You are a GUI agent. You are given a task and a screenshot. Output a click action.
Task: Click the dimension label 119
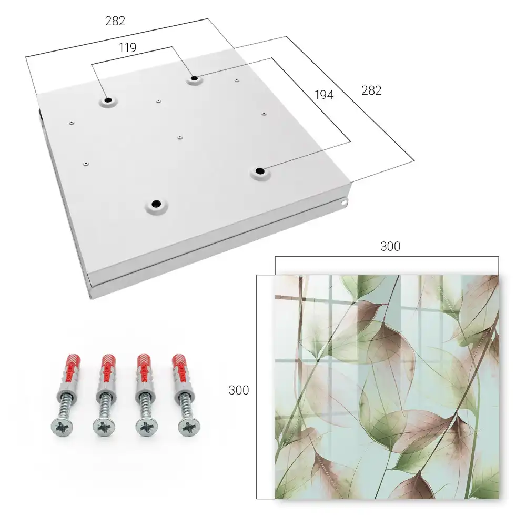[x=127, y=48]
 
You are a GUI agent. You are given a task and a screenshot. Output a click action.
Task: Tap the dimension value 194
[x=324, y=95]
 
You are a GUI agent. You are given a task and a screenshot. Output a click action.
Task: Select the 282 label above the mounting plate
[x=115, y=21]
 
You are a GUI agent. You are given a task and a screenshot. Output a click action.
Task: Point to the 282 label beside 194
[x=371, y=90]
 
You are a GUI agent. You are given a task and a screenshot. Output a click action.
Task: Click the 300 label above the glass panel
[x=390, y=247]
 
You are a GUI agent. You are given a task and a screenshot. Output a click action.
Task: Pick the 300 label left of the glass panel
[x=238, y=390]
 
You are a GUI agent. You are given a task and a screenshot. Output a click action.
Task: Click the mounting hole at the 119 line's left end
[x=108, y=100]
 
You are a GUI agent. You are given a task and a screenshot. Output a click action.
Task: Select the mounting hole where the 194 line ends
[x=260, y=171]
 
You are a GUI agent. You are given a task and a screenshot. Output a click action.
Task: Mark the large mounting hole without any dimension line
[x=156, y=204]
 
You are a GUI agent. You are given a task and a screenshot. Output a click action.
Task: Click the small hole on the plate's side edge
[x=344, y=203]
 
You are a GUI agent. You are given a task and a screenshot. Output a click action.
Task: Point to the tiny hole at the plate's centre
[x=180, y=137]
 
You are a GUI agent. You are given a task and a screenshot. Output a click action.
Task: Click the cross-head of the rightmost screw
[x=189, y=427]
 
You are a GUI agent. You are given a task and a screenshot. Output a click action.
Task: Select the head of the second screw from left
[x=104, y=427]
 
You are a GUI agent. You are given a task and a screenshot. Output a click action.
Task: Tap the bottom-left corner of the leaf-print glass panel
[x=276, y=499]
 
